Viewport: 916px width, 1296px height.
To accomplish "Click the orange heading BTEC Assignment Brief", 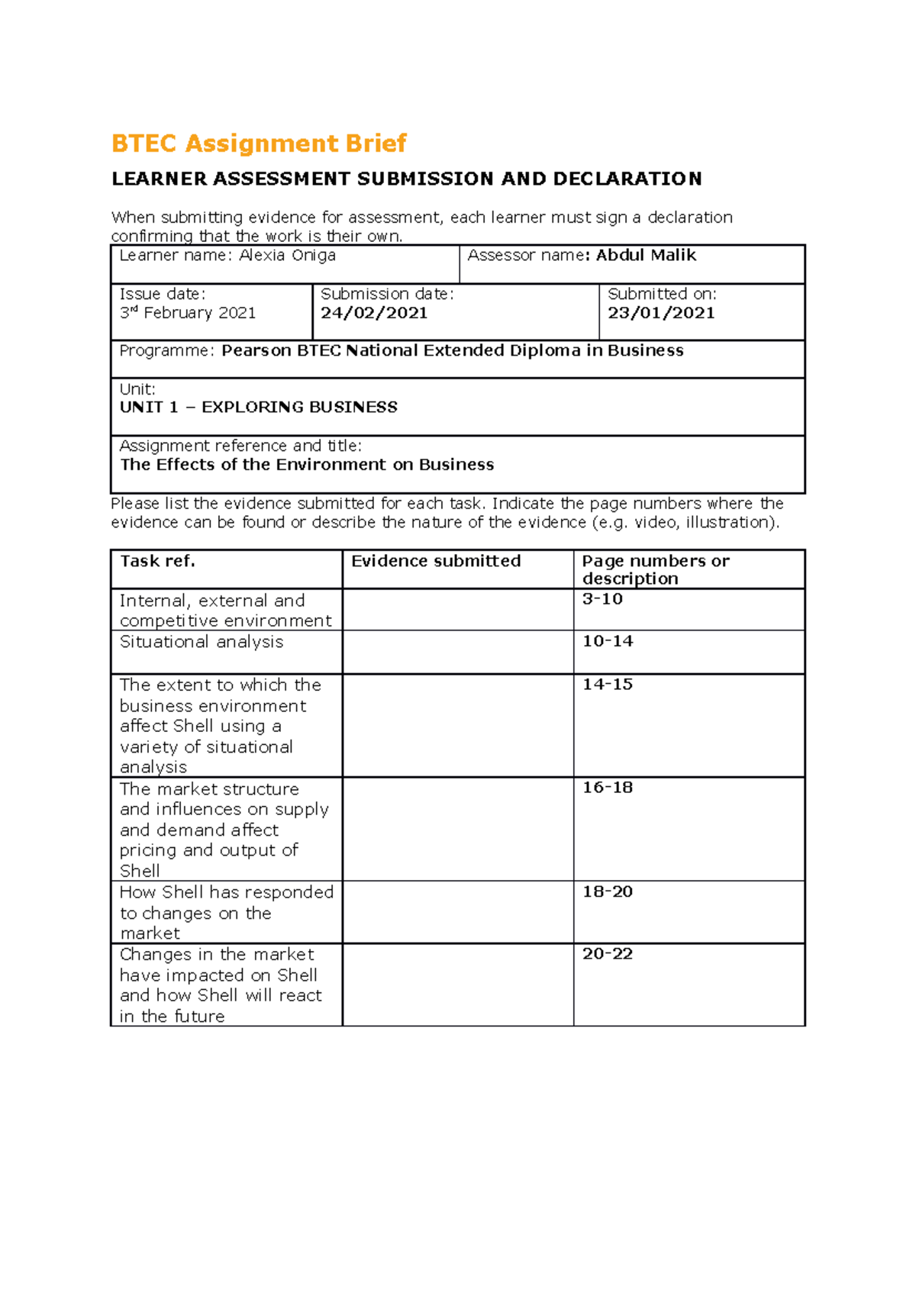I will (x=259, y=143).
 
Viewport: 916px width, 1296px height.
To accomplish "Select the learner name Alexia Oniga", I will (x=287, y=256).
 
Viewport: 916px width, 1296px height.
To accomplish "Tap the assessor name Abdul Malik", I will (x=646, y=256).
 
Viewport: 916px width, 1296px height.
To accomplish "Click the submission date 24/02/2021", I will (x=374, y=313).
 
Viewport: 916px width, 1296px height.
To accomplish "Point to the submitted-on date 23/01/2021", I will (x=661, y=313).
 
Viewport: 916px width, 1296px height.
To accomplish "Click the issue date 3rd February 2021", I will (x=188, y=313).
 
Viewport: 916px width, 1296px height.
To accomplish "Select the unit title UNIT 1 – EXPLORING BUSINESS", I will (x=258, y=408).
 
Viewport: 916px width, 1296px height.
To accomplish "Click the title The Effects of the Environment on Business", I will (x=307, y=465).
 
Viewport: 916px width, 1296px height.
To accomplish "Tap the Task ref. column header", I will (x=157, y=561).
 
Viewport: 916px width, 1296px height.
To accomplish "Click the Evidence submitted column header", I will (x=436, y=561).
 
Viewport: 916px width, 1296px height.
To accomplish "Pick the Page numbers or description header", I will (x=655, y=569).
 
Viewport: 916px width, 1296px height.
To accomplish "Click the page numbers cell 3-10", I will (x=602, y=599).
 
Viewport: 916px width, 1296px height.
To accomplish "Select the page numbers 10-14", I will (x=608, y=641).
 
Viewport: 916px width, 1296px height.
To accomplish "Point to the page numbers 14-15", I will (x=608, y=685).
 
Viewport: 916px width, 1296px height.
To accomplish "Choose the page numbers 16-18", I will (x=608, y=788).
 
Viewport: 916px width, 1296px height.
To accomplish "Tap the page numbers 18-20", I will (x=608, y=891).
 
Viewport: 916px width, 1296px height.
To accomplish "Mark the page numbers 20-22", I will (x=608, y=954).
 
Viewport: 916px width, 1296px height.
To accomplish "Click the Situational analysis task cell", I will (x=202, y=642).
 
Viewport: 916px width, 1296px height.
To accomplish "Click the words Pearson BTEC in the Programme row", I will (x=281, y=351).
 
